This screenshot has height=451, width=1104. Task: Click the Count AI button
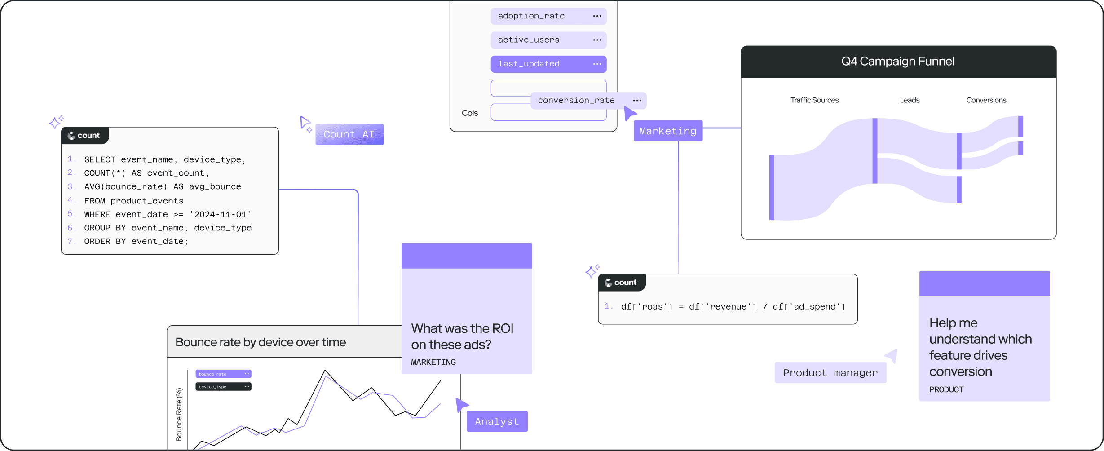tap(349, 134)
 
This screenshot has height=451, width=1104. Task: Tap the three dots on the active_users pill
tap(597, 40)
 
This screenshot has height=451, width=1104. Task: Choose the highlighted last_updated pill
tap(548, 64)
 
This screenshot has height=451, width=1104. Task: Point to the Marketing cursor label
tap(668, 131)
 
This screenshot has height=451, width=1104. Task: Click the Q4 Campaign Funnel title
tap(898, 62)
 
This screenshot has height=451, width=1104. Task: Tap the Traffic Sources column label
tap(814, 100)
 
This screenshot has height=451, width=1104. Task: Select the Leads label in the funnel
tap(910, 100)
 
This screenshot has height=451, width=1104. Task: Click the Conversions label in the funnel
tap(986, 100)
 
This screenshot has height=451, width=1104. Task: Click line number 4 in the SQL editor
tap(71, 200)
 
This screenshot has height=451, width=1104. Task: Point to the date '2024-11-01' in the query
tap(220, 215)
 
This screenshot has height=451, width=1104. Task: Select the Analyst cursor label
tap(497, 422)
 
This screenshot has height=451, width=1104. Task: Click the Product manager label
tap(830, 373)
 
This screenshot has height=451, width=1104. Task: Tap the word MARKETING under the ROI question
tap(433, 362)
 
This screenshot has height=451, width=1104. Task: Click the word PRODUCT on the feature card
tap(946, 389)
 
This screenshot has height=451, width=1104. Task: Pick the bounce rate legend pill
tap(223, 374)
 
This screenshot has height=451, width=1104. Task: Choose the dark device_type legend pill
tap(223, 387)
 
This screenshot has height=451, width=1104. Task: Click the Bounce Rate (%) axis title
tap(179, 414)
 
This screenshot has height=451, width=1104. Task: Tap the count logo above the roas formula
tap(621, 283)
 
